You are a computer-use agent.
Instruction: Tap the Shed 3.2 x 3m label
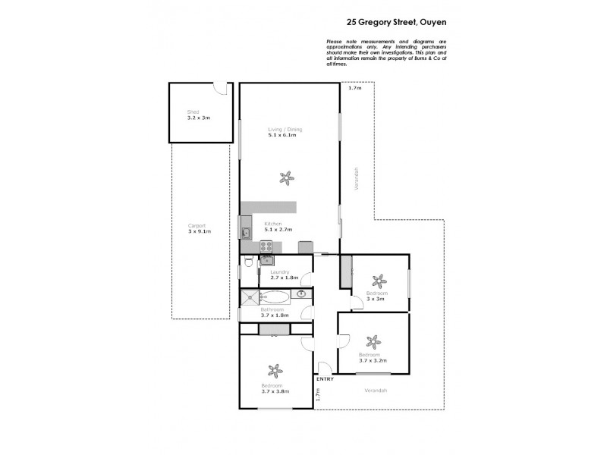coord(198,115)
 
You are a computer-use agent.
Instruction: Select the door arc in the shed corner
coord(219,89)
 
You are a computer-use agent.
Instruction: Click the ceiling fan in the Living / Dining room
coord(286,178)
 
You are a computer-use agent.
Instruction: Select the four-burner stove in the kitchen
coord(266,246)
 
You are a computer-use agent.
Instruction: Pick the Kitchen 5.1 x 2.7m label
coord(278,226)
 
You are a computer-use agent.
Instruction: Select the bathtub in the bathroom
coord(276,297)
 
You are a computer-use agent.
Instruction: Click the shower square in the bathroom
coord(250,297)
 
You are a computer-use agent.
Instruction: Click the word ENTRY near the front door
coord(325,378)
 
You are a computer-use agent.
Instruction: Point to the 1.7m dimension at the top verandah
coord(354,89)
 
